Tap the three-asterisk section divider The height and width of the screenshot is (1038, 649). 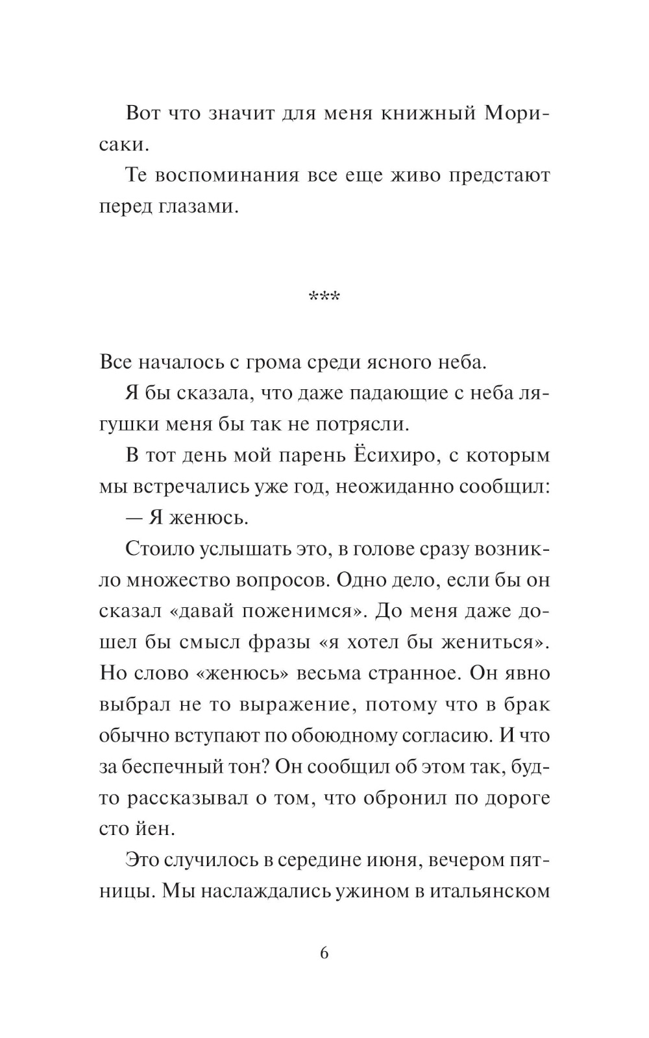[324, 298]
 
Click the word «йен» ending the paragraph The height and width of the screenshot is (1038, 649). [157, 829]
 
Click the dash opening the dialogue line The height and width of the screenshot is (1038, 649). [135, 518]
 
